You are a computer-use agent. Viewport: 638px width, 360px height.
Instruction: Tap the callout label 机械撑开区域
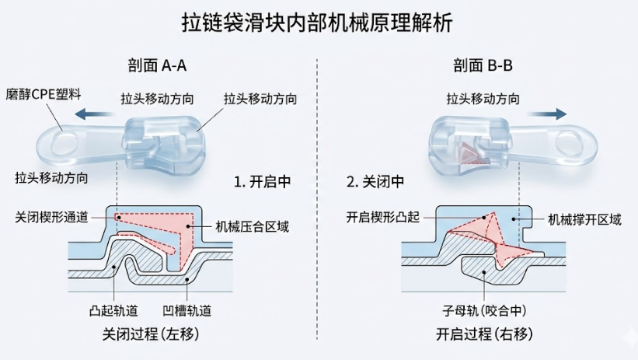tap(584, 220)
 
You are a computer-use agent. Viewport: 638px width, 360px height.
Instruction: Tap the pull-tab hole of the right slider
tap(576, 143)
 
